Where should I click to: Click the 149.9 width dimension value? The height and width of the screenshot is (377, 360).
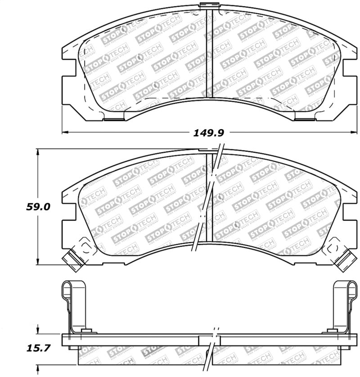click(x=208, y=133)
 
